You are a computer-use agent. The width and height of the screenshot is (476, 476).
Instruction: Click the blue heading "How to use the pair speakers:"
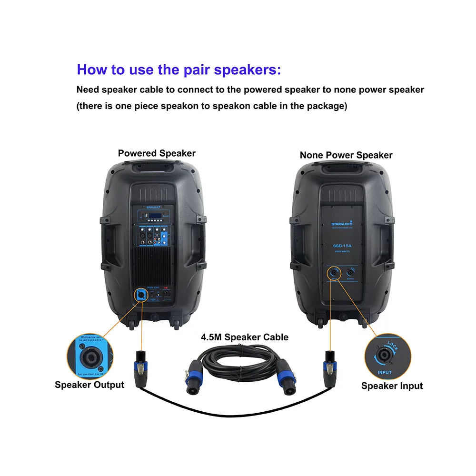(x=179, y=69)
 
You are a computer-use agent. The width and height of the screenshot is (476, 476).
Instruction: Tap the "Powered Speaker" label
(x=157, y=153)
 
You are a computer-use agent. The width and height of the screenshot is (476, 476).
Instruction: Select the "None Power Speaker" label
(x=346, y=155)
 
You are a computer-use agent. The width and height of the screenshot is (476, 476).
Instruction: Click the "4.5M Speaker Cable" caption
(x=244, y=337)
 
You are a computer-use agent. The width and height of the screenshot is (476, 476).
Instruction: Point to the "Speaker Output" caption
(x=89, y=385)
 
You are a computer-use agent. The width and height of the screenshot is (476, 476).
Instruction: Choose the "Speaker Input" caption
(x=392, y=386)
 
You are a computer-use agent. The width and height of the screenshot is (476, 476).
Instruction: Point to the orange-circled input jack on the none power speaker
(x=334, y=274)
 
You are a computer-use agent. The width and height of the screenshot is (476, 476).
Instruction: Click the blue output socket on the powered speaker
(x=140, y=295)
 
